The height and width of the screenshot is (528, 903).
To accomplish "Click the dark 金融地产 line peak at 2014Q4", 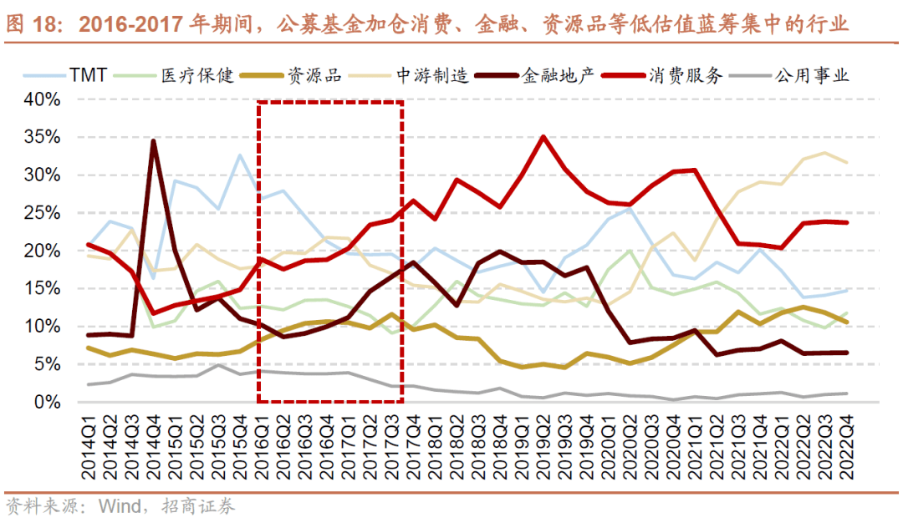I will (154, 141).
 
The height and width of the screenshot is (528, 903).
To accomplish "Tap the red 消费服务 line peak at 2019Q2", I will (544, 137).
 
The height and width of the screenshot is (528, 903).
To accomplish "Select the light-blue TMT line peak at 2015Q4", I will (241, 155).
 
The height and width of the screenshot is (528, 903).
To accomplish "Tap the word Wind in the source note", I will (121, 506).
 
